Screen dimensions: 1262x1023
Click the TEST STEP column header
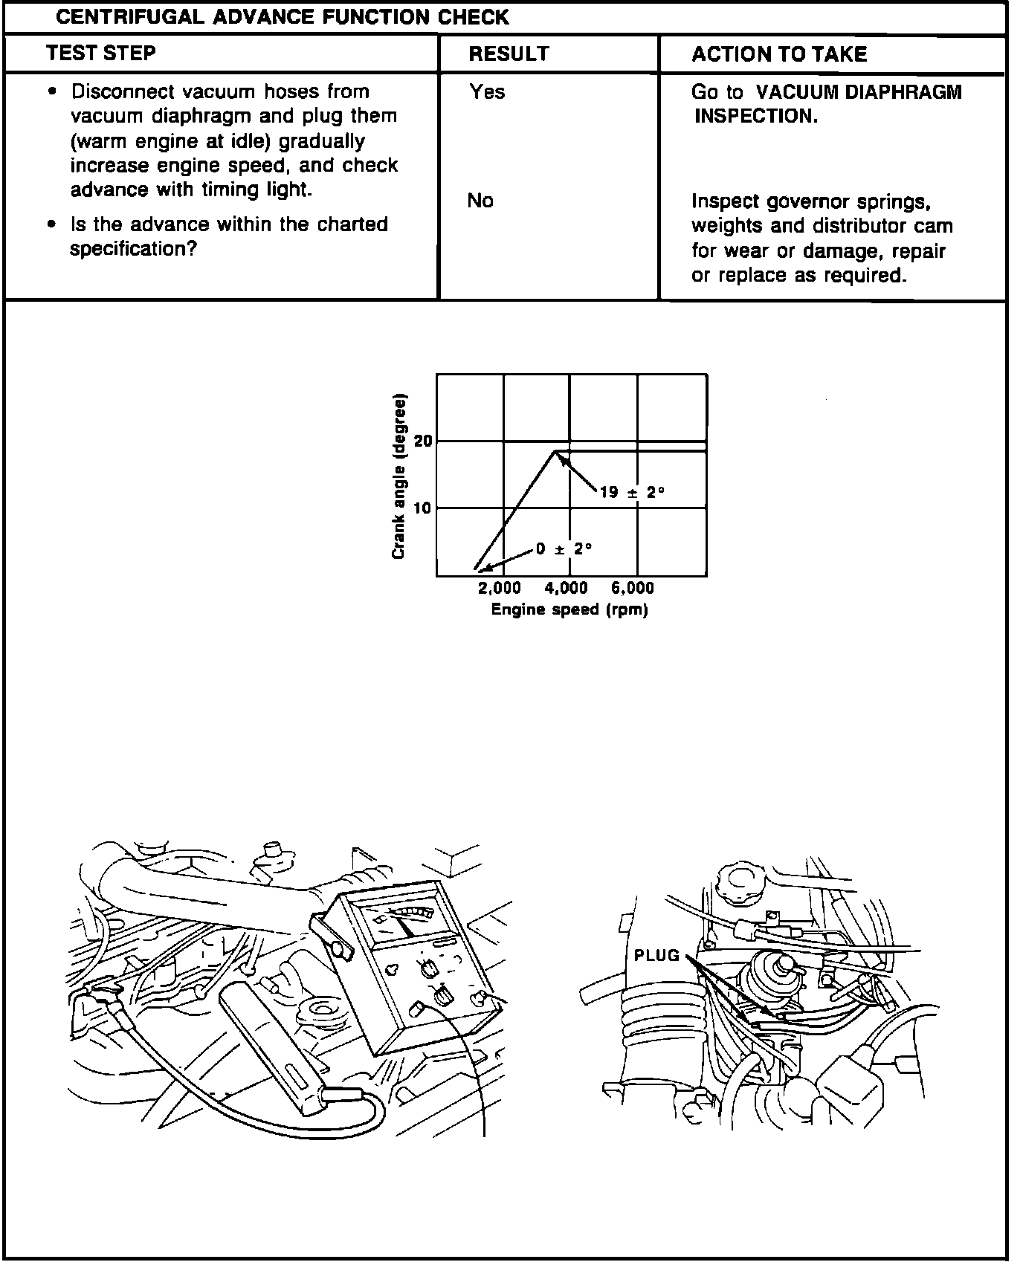pyautogui.click(x=100, y=54)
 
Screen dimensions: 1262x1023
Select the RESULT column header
pyautogui.click(x=509, y=54)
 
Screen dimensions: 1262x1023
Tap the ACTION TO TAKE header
pyautogui.click(x=779, y=54)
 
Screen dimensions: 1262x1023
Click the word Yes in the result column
pyautogui.click(x=487, y=92)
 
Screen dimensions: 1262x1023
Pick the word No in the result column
pyautogui.click(x=480, y=201)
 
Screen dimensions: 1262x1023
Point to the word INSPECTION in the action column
pyautogui.click(x=756, y=117)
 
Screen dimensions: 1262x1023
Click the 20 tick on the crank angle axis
pyautogui.click(x=422, y=441)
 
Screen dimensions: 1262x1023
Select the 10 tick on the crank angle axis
pyautogui.click(x=422, y=508)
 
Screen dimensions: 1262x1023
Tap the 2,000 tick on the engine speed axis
pyautogui.click(x=499, y=589)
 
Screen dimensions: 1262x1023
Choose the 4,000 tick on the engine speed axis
pyautogui.click(x=566, y=589)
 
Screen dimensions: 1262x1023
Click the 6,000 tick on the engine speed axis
pyautogui.click(x=633, y=589)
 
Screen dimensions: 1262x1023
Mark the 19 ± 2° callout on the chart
pyautogui.click(x=632, y=492)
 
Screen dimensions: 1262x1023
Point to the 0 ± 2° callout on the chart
pyautogui.click(x=564, y=549)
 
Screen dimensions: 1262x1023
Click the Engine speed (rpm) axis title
pyautogui.click(x=569, y=610)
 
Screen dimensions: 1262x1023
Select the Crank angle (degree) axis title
pyautogui.click(x=398, y=476)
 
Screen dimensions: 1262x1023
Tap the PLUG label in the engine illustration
pyautogui.click(x=656, y=956)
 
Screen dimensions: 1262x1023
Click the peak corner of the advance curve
pyautogui.click(x=555, y=450)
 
